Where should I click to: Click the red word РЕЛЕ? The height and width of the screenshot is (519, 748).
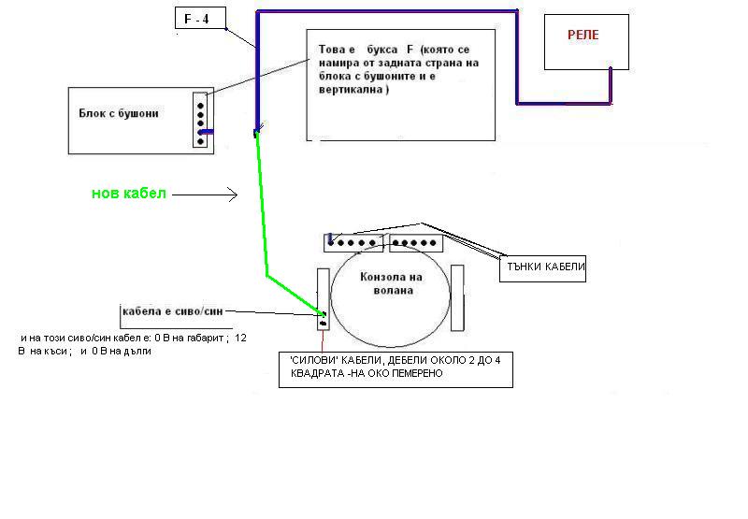[583, 35]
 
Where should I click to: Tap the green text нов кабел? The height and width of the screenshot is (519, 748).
[128, 194]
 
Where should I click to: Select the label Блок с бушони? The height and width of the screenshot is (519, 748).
[119, 113]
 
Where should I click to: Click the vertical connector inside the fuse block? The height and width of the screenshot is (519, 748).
[200, 119]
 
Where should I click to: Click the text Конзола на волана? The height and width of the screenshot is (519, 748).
[392, 283]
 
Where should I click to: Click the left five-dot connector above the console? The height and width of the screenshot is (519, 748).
[353, 243]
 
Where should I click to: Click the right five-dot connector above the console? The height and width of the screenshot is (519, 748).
[416, 243]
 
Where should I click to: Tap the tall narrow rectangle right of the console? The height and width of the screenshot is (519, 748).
[457, 298]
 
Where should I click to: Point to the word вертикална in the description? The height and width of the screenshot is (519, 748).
[354, 91]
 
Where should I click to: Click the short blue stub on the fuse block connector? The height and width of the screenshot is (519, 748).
[207, 132]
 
